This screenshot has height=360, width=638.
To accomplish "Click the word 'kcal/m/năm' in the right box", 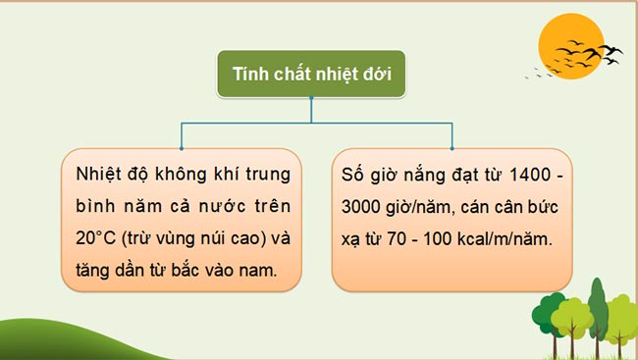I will coord(505,239).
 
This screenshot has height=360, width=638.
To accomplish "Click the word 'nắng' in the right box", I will coord(427,177).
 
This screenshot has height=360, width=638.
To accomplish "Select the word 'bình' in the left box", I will coord(94,208).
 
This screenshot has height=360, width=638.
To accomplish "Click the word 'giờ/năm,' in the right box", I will coord(428,208).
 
